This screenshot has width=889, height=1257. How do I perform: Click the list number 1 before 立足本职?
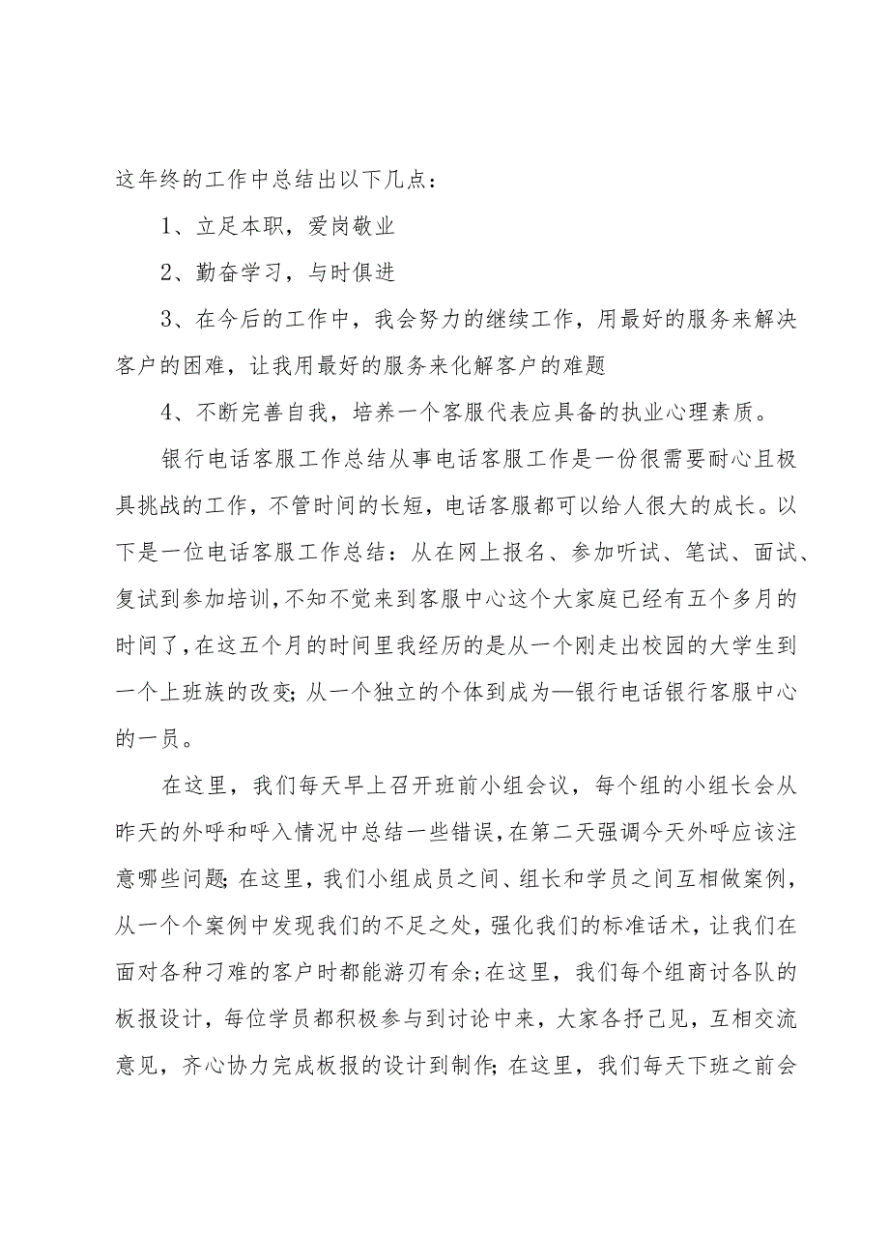pyautogui.click(x=166, y=229)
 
